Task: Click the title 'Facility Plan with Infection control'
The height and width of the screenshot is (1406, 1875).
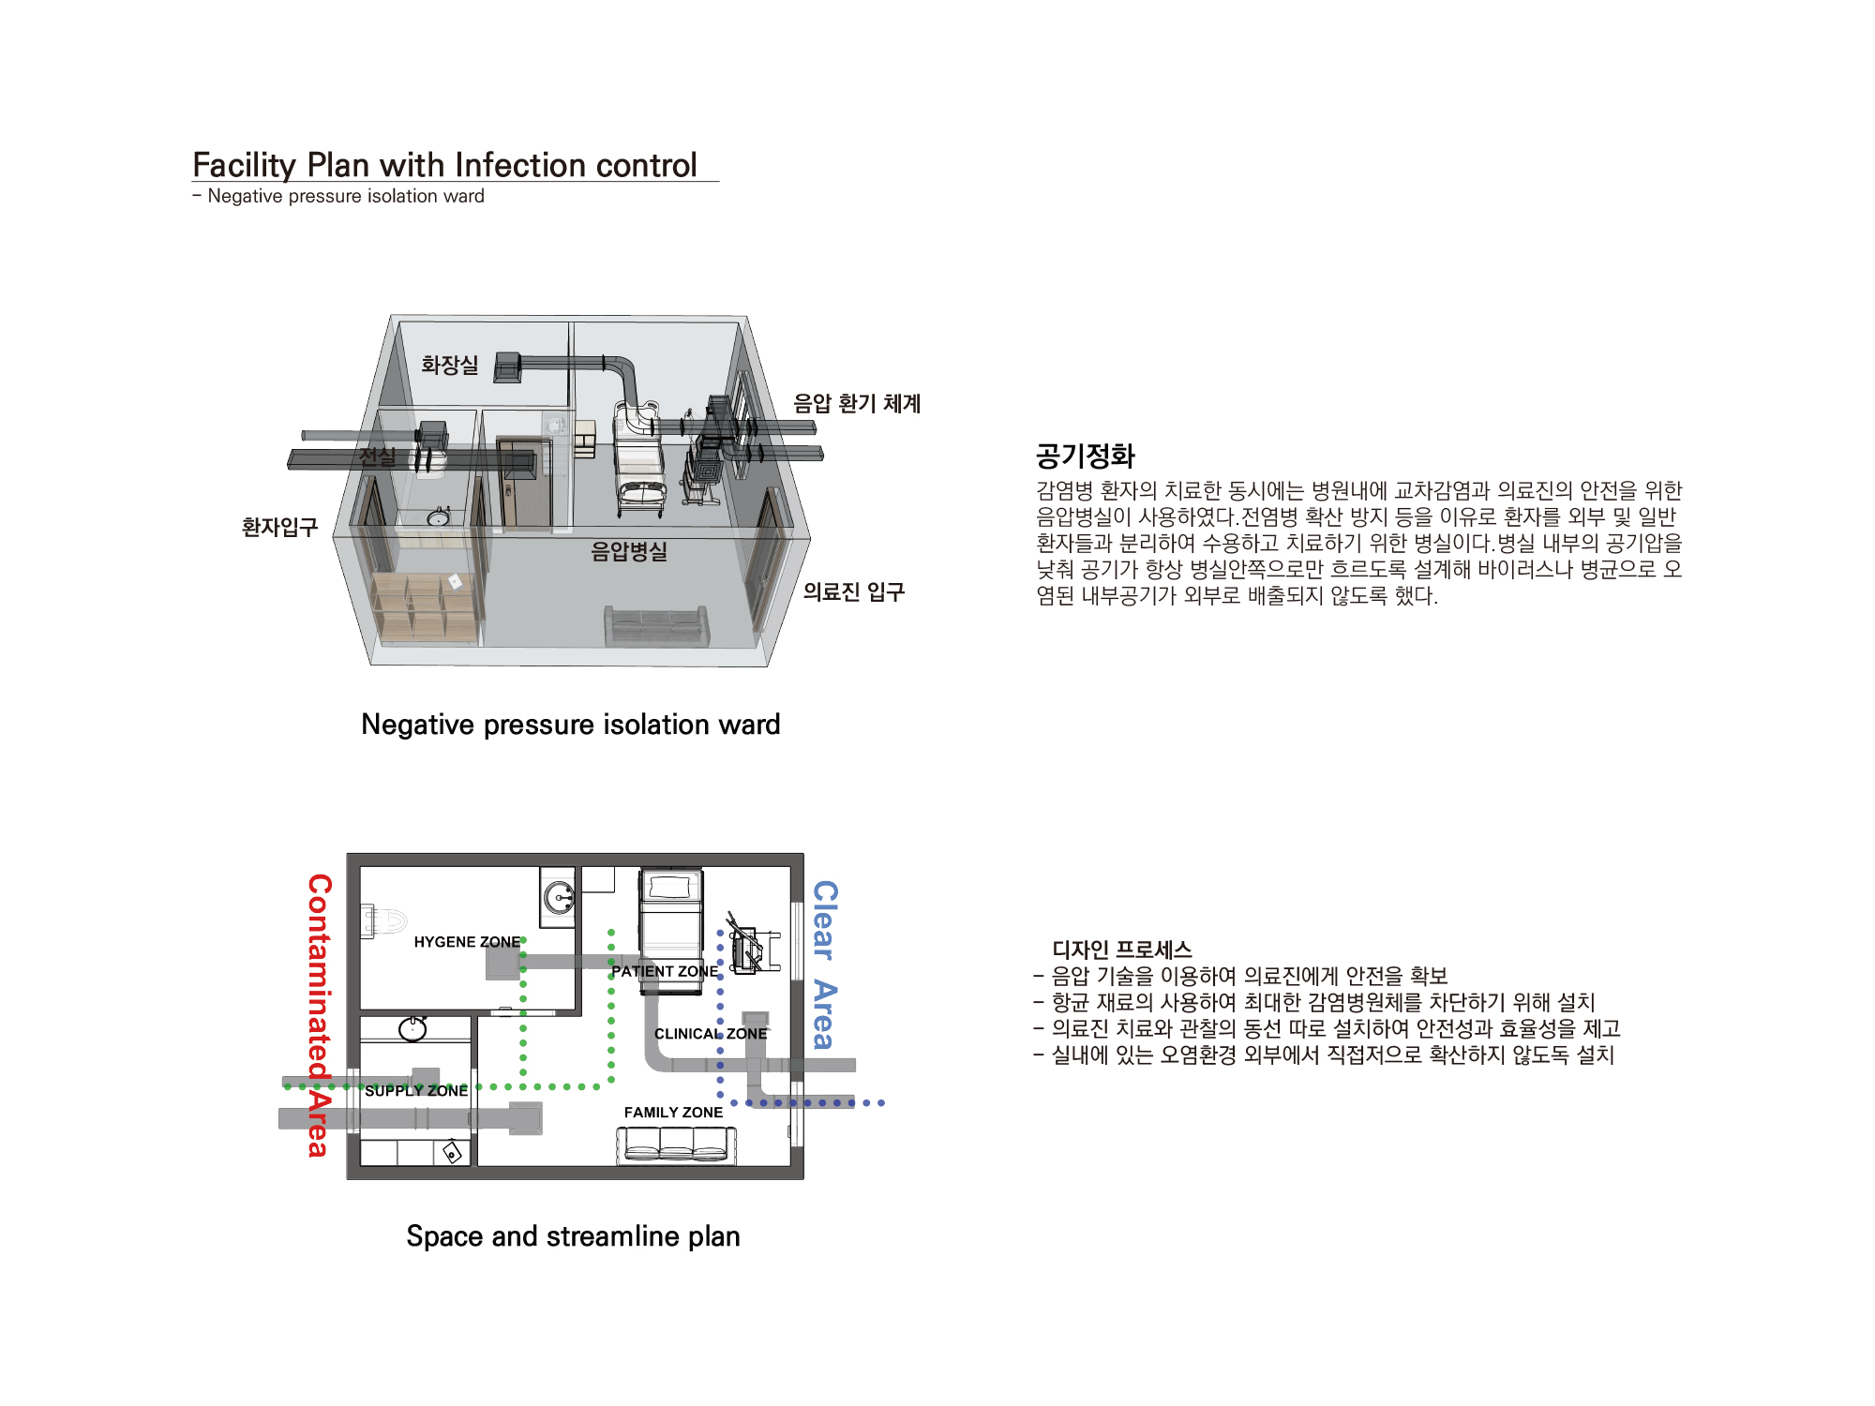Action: pyautogui.click(x=445, y=165)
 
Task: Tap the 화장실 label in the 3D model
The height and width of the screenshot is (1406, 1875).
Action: pyautogui.click(x=449, y=365)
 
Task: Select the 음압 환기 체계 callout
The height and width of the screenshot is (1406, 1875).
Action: pyautogui.click(x=857, y=403)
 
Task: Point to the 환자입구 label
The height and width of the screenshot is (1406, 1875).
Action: pyautogui.click(x=279, y=527)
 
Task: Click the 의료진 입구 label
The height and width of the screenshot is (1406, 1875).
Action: pyautogui.click(x=853, y=591)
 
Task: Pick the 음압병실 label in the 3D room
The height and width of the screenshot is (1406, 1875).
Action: pyautogui.click(x=629, y=551)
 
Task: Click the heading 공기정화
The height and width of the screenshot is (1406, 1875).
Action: pyautogui.click(x=1085, y=456)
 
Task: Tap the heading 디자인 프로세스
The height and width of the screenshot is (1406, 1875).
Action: pyautogui.click(x=1122, y=950)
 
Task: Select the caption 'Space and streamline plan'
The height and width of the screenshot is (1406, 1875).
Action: pyautogui.click(x=573, y=1236)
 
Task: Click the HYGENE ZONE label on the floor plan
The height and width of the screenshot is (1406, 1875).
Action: pyautogui.click(x=467, y=942)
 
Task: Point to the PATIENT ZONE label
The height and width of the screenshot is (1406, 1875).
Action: pyautogui.click(x=665, y=972)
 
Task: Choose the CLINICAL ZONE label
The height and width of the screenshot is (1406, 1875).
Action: pyautogui.click(x=711, y=1034)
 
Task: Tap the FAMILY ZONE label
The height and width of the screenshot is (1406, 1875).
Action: pyautogui.click(x=673, y=1113)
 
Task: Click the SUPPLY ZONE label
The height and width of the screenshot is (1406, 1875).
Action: pyautogui.click(x=416, y=1091)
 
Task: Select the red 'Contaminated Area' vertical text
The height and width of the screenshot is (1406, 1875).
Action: pyautogui.click(x=320, y=1015)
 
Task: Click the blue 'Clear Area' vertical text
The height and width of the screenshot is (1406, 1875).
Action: pyautogui.click(x=824, y=965)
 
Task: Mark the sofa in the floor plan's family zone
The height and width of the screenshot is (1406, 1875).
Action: pyautogui.click(x=676, y=1145)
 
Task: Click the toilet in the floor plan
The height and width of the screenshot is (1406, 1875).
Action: pyautogui.click(x=383, y=920)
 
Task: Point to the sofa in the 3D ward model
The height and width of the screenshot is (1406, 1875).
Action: pyautogui.click(x=656, y=626)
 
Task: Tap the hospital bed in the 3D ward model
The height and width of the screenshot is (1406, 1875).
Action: pyautogui.click(x=639, y=458)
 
